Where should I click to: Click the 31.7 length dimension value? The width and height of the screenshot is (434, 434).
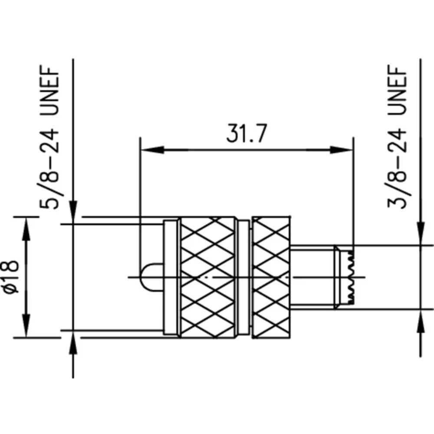point(246,135)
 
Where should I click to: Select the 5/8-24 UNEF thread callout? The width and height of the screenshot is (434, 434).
point(52,138)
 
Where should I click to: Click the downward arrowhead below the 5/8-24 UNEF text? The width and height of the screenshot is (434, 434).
point(73,213)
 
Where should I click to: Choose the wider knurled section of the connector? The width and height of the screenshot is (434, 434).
point(207,276)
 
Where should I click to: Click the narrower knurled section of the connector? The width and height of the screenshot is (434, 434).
point(271,276)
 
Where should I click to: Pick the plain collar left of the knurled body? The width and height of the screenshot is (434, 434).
point(171,276)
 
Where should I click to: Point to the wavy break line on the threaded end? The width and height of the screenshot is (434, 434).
point(351,276)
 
